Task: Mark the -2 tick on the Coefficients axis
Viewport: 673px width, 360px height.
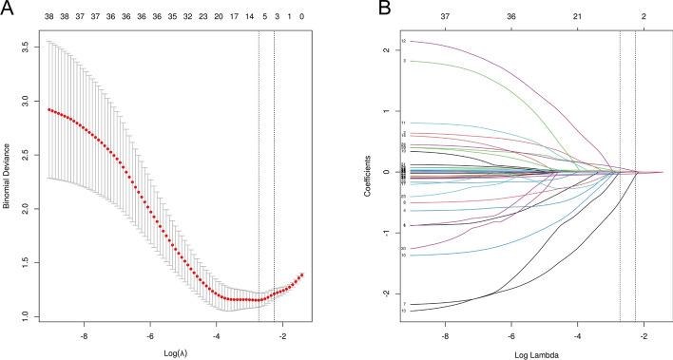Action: (388, 294)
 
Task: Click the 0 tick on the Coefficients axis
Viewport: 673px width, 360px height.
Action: (388, 172)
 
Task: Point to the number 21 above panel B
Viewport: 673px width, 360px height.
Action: (577, 17)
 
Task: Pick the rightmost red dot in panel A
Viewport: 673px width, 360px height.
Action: (302, 275)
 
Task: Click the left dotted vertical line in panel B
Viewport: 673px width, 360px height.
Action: (620, 180)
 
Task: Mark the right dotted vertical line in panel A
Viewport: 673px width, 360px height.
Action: (274, 180)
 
